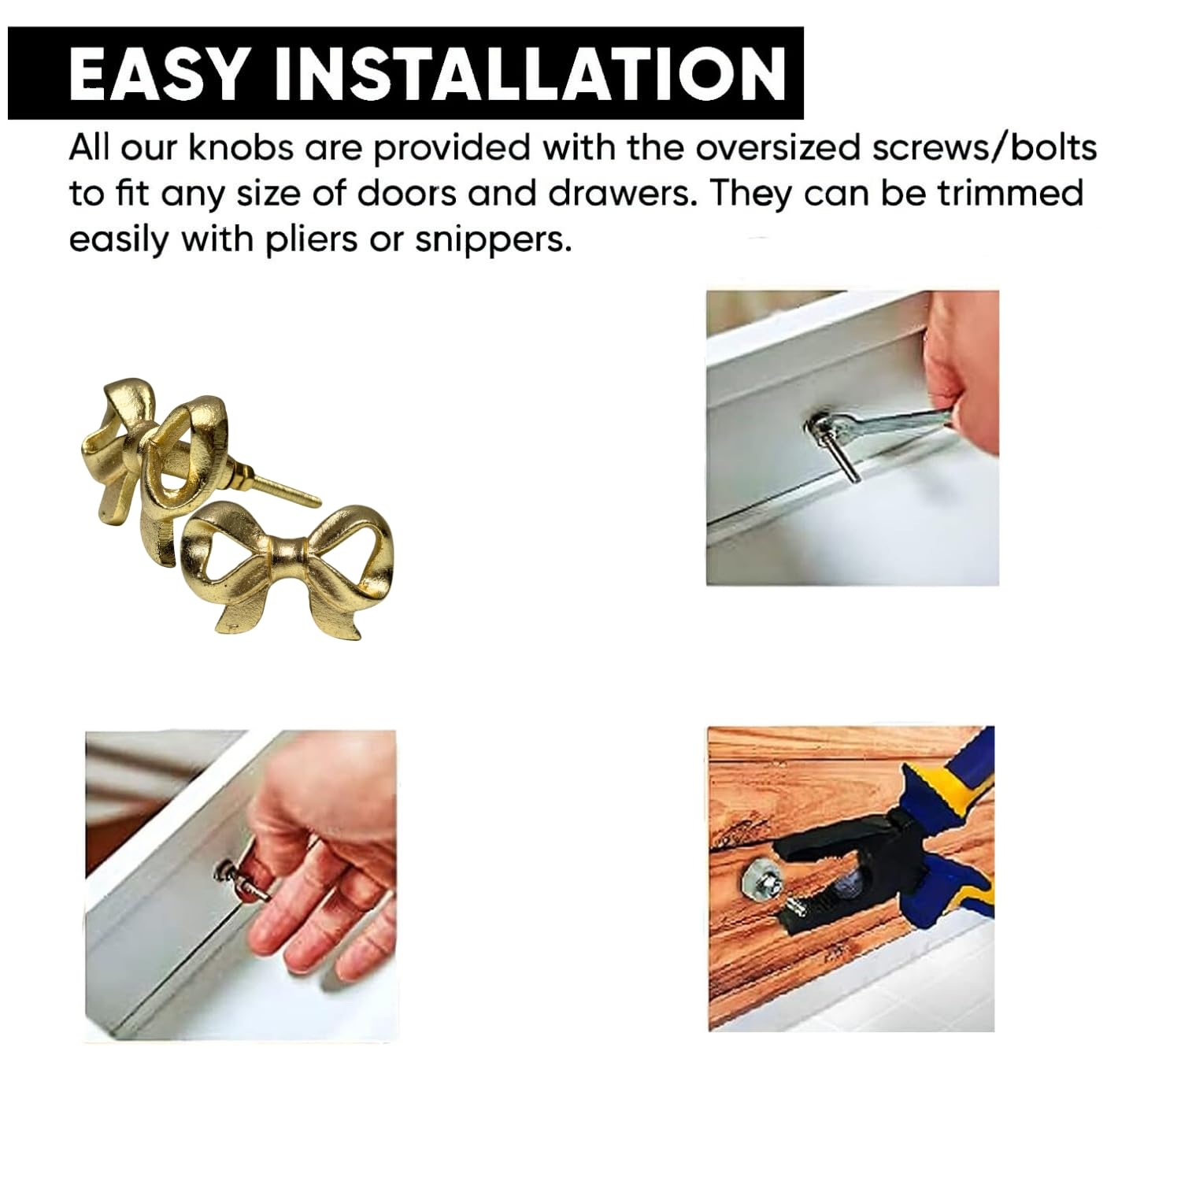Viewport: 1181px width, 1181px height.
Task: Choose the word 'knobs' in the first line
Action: coord(243,147)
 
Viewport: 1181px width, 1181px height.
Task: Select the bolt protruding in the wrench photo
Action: coord(842,456)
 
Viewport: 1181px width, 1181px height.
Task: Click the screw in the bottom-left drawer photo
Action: coord(244,880)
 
